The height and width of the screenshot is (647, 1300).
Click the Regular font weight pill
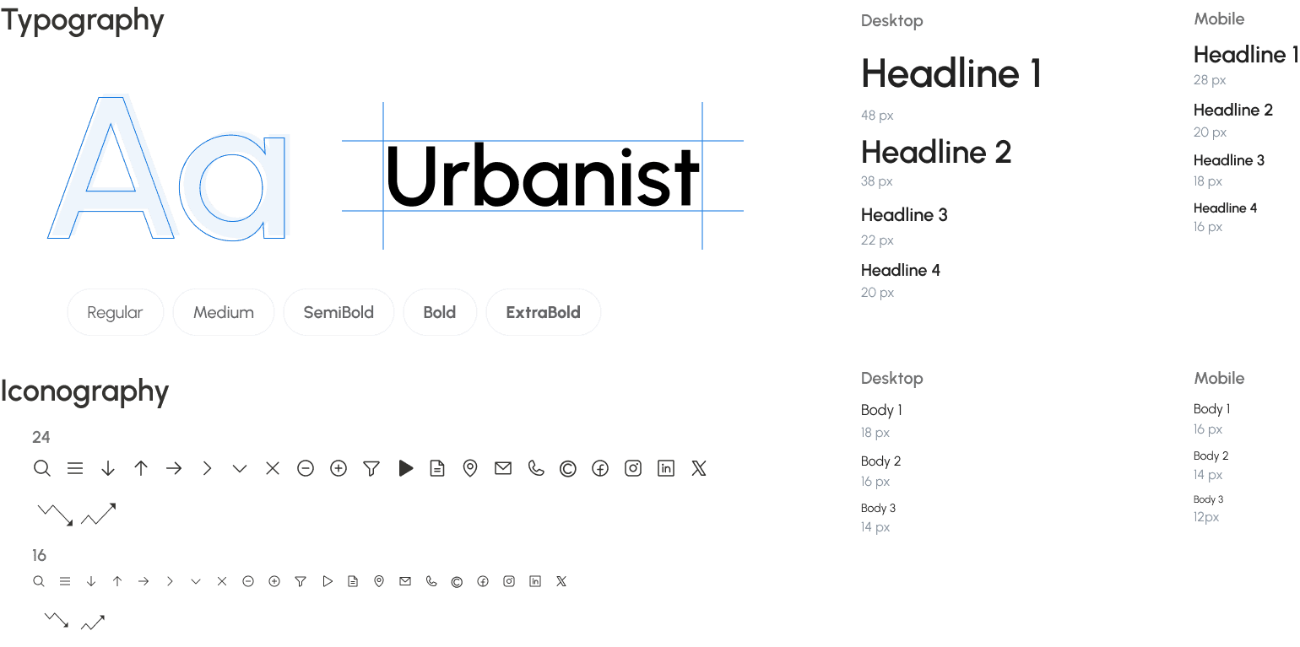(x=115, y=312)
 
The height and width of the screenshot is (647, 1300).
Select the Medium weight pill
(x=223, y=312)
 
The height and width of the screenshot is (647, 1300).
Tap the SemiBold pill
(x=339, y=312)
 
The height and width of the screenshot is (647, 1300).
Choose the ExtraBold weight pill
(x=543, y=312)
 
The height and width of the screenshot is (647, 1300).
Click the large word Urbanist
(x=542, y=175)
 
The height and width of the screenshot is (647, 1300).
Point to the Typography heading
(x=82, y=21)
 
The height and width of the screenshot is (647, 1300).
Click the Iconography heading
(x=84, y=391)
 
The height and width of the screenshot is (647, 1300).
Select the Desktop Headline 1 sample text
(x=951, y=73)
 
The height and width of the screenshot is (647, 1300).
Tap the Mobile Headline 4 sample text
(x=1225, y=208)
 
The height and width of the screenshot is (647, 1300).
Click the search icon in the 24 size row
(x=41, y=468)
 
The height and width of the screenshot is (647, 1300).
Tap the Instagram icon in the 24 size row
(x=633, y=468)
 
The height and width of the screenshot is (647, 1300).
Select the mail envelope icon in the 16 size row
(x=405, y=581)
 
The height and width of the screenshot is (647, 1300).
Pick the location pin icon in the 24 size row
(x=470, y=468)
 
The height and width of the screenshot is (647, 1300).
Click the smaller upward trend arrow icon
(x=93, y=623)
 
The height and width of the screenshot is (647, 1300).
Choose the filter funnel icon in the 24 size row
(x=371, y=468)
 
